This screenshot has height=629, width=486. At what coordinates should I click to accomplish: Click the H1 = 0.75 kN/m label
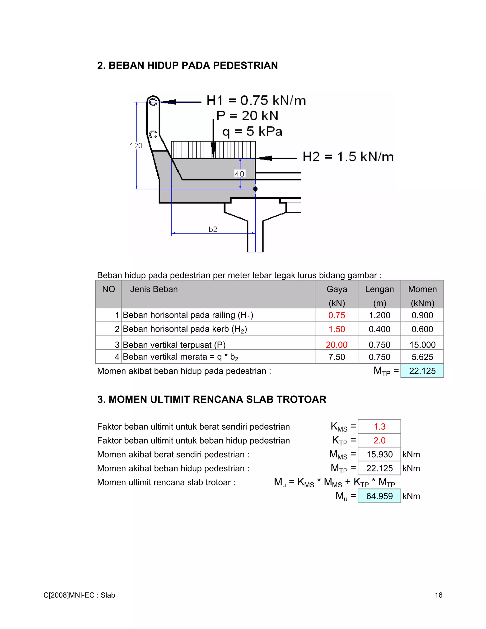[256, 100]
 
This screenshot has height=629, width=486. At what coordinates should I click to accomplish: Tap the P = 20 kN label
[247, 116]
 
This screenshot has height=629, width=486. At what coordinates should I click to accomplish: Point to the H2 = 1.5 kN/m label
[348, 157]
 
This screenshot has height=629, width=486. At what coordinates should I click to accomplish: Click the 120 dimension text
[136, 146]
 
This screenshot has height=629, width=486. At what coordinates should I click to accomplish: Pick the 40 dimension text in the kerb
[239, 174]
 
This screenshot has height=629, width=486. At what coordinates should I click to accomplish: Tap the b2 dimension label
[213, 229]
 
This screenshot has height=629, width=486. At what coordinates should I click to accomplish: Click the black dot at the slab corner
[255, 189]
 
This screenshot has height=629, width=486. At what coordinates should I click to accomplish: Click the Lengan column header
[379, 289]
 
